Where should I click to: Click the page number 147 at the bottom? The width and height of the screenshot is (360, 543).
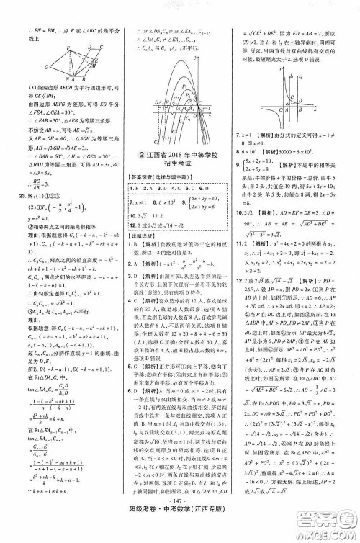click(x=180, y=517)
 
